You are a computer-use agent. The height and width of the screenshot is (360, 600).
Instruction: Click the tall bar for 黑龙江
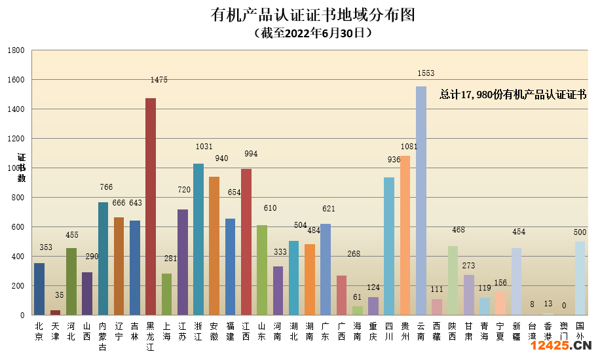[x=151, y=206]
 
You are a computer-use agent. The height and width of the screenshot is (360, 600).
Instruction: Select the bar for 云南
[x=421, y=200]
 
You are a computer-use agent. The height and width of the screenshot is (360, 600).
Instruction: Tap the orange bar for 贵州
[x=405, y=235]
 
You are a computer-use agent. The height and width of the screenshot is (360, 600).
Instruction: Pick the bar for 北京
[x=39, y=289]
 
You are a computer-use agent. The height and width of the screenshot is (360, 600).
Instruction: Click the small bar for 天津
[x=55, y=312]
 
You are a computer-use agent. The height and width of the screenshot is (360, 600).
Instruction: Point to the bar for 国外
[x=580, y=278]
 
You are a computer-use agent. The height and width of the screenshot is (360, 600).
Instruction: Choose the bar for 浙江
[x=198, y=239]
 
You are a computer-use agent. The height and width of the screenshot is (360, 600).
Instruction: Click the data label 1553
[x=426, y=73]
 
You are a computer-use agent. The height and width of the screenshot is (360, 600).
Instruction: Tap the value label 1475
[x=159, y=80]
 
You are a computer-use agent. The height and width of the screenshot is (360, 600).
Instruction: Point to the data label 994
[x=251, y=154]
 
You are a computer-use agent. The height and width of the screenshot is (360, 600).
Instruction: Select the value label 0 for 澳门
[x=563, y=305]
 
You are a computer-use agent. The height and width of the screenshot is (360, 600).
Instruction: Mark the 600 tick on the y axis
[x=18, y=227]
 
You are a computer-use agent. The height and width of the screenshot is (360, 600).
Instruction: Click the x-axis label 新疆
[x=517, y=331]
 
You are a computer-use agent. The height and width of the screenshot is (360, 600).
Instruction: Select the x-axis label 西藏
[x=437, y=331]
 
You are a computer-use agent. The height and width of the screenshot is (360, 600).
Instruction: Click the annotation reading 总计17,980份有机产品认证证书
[x=512, y=95]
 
